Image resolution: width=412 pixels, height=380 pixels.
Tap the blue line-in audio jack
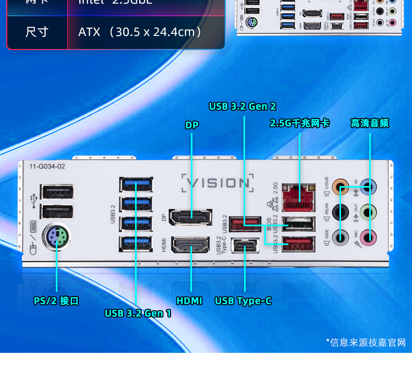click(x=369, y=186)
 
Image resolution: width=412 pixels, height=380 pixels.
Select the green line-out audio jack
click(x=369, y=212)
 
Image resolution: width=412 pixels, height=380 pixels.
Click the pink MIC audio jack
click(x=369, y=238)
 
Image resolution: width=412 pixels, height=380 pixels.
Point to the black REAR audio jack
click(x=341, y=212)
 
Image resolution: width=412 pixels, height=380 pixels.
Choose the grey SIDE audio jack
click(x=341, y=238)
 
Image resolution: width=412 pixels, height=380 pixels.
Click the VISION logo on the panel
click(x=218, y=183)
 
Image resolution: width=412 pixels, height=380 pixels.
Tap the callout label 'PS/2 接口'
click(x=56, y=301)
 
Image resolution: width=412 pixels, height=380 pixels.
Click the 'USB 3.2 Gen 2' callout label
click(x=243, y=106)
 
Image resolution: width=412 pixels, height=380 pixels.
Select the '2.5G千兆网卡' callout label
click(x=299, y=123)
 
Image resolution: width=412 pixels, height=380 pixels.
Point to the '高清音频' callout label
click(x=369, y=123)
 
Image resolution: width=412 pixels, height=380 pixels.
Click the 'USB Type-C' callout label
click(x=243, y=301)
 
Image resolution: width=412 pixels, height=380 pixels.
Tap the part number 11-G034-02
click(x=47, y=166)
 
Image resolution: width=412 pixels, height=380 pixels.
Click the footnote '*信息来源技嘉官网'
click(x=366, y=342)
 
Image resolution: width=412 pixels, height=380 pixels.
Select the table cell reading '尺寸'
click(x=37, y=32)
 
